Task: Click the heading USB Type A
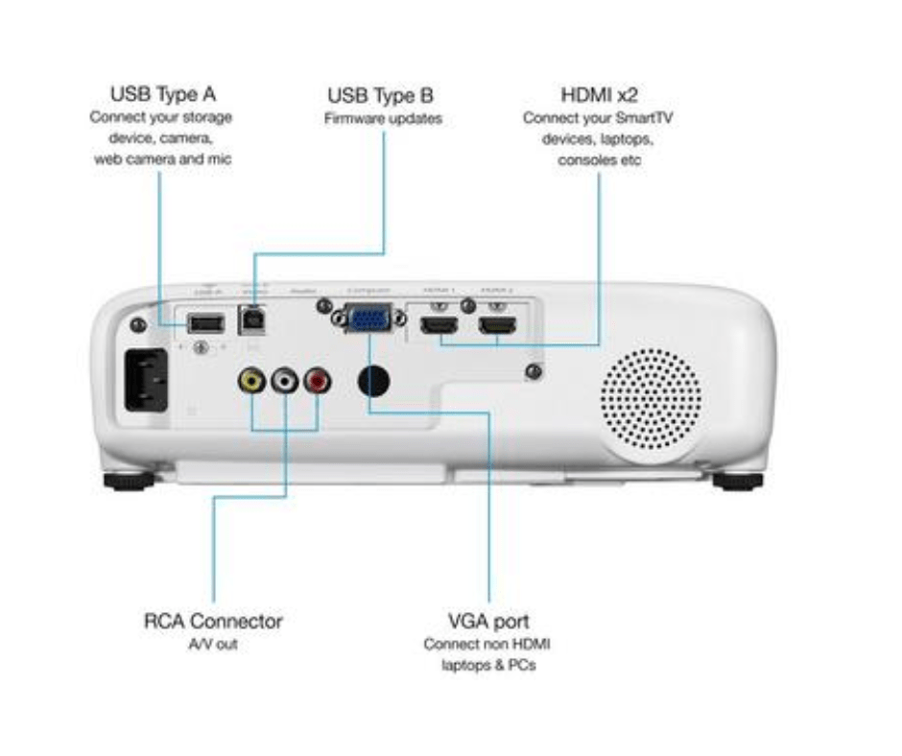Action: point(162,94)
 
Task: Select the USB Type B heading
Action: point(380,96)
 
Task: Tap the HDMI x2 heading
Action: point(600,95)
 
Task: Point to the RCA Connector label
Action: point(213,621)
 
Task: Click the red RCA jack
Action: point(318,381)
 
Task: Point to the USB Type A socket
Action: point(204,321)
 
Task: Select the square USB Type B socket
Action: point(254,319)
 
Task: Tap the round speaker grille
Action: point(651,398)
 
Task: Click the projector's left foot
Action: point(127,480)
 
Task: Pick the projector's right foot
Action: point(737,480)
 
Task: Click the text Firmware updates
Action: point(382,120)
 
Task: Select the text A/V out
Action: point(213,645)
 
